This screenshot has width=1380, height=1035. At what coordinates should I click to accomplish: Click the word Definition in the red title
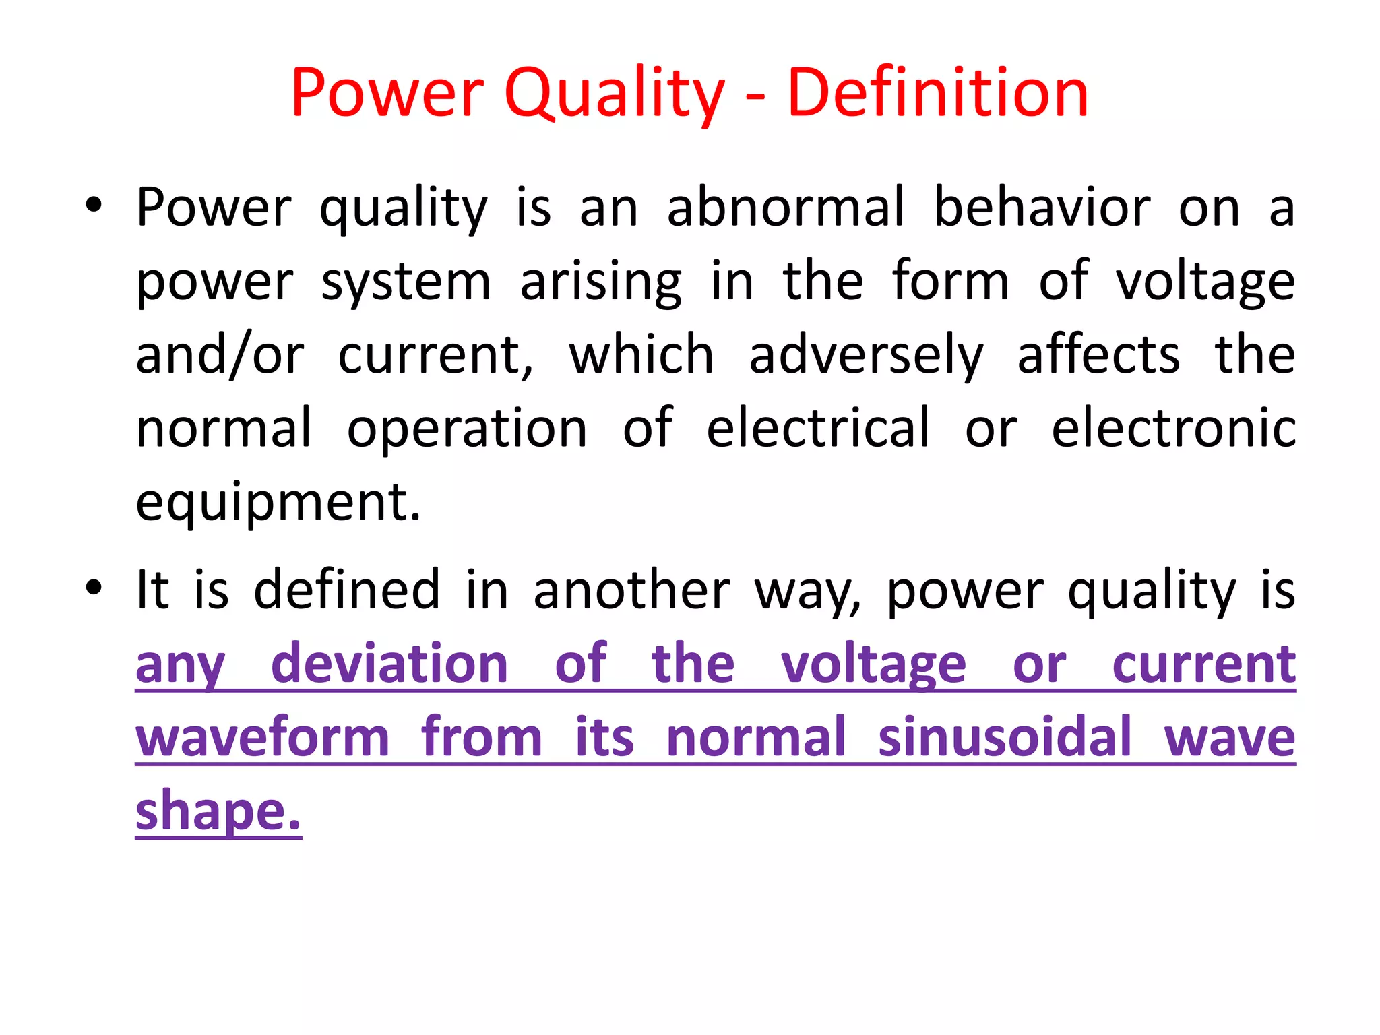(x=937, y=93)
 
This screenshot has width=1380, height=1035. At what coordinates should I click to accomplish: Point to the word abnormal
(x=786, y=207)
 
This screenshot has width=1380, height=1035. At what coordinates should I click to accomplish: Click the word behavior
(x=1042, y=207)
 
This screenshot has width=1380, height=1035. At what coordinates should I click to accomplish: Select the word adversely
(x=866, y=356)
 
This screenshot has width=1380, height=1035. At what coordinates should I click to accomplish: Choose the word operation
(x=467, y=429)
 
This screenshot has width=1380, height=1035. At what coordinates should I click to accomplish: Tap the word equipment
(x=278, y=503)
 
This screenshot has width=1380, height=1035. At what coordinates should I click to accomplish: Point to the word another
(x=632, y=590)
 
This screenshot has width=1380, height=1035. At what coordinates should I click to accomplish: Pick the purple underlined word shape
(x=218, y=812)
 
